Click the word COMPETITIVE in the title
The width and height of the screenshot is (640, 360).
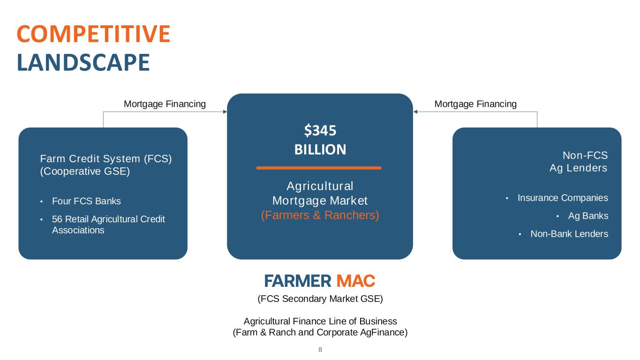[x=93, y=34]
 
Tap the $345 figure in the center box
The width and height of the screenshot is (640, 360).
[x=320, y=130]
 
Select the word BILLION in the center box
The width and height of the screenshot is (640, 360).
[x=320, y=150]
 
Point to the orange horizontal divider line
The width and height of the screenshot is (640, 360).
[x=319, y=167]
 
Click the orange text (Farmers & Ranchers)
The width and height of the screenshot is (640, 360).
[x=320, y=216]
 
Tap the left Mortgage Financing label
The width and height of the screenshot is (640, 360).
[x=165, y=104]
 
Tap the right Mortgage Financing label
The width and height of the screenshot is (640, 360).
[x=475, y=104]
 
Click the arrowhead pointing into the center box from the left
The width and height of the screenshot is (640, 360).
[x=225, y=112]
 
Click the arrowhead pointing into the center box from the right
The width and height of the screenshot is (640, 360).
[x=415, y=112]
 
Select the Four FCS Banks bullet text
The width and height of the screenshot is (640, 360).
[x=86, y=202]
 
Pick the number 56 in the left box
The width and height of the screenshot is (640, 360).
[x=57, y=219]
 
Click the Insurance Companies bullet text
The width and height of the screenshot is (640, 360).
[x=563, y=198]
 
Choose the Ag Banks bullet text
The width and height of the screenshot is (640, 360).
[x=588, y=216]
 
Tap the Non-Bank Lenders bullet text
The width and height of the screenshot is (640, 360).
[x=569, y=234]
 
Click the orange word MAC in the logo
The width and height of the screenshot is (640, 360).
[x=356, y=281]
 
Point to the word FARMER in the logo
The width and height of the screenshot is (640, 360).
[x=298, y=281]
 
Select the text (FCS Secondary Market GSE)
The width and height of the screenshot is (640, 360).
[x=320, y=299]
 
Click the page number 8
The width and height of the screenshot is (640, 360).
[x=320, y=350]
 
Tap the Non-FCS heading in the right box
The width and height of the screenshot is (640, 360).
[x=585, y=156]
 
